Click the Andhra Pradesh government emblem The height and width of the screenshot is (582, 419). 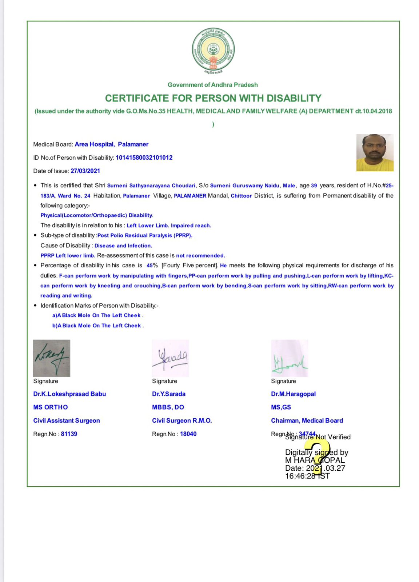point(213,50)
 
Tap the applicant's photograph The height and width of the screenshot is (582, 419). point(375,152)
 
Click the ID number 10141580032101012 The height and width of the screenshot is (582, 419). point(144,158)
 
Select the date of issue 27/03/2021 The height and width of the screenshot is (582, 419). point(85,171)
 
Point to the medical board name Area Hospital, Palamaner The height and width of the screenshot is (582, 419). point(111,144)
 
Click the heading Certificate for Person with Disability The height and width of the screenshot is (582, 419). point(213,98)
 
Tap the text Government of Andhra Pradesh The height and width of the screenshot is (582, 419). point(213,85)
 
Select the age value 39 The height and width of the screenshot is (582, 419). point(314,186)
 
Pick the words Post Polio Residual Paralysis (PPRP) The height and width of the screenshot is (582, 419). point(144,235)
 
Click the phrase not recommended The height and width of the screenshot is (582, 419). point(200,255)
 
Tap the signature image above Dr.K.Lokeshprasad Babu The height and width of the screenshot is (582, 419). point(52,358)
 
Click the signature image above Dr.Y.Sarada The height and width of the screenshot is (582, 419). point(171,358)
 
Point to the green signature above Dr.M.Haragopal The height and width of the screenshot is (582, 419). point(290,358)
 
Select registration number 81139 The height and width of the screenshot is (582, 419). point(69,434)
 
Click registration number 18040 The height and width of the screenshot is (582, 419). point(188,434)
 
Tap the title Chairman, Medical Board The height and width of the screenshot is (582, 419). point(307,420)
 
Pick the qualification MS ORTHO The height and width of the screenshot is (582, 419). point(51,407)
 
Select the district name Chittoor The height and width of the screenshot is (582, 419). point(241,196)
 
